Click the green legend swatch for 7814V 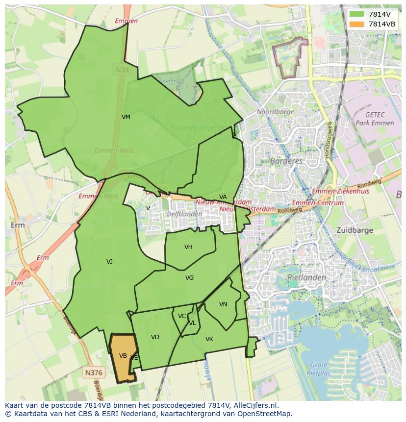[356, 14]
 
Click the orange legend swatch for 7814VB [356, 24]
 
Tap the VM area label [126, 117]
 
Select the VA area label [223, 197]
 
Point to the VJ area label [109, 262]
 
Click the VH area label [188, 247]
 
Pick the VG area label [190, 278]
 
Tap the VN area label [223, 304]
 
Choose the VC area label [182, 316]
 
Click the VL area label [192, 323]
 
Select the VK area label [209, 339]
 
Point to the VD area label [155, 337]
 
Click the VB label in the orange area [123, 356]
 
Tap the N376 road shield [94, 372]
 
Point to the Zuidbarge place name [355, 230]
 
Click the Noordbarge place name [276, 112]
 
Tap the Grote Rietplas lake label [319, 369]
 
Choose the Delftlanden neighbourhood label [184, 214]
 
